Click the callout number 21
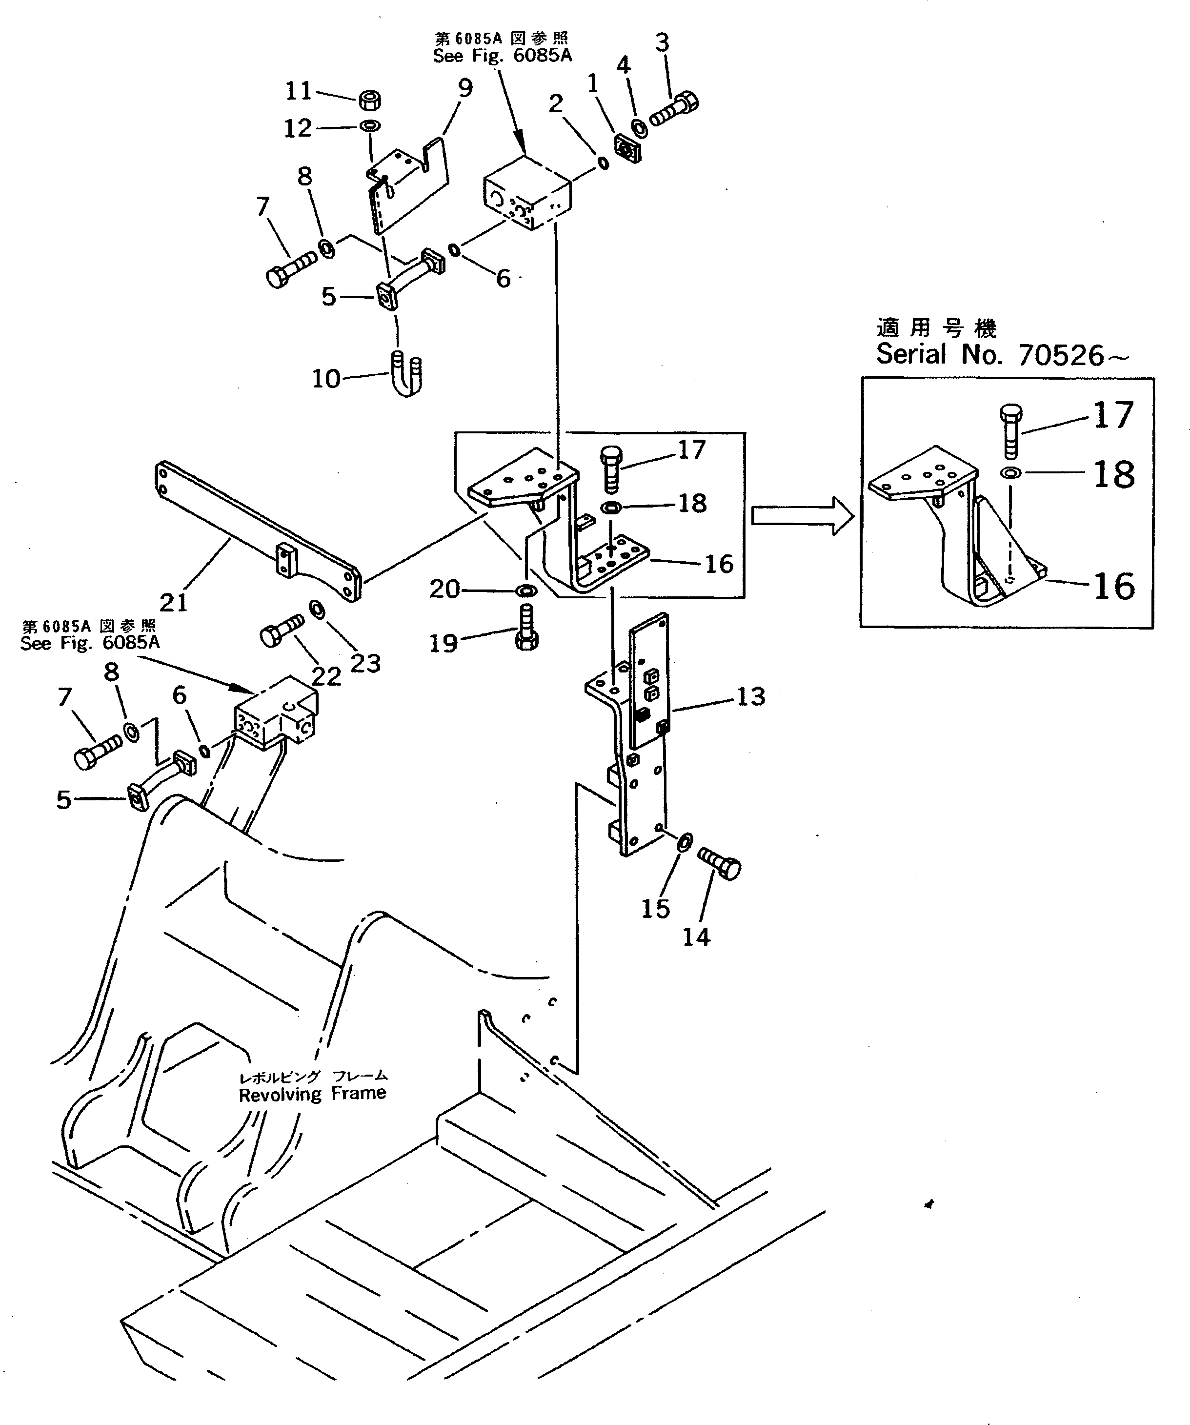tap(173, 602)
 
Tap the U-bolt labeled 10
tap(407, 374)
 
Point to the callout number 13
tap(750, 696)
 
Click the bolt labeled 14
tap(720, 863)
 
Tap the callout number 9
tap(465, 88)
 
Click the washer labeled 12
tap(370, 126)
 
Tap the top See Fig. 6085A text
tap(502, 56)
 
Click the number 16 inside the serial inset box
tap(1113, 586)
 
